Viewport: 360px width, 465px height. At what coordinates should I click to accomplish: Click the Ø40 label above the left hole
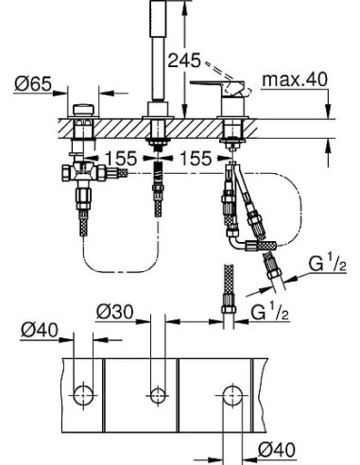(41, 330)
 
